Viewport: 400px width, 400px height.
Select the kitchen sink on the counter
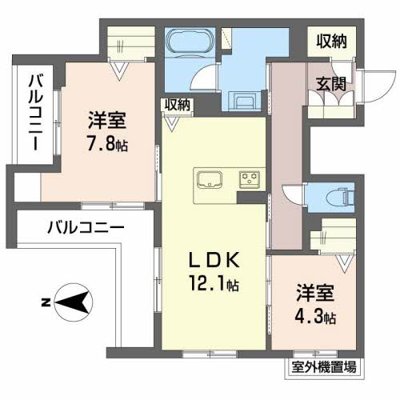point(210,178)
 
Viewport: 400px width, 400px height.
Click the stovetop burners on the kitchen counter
point(249,178)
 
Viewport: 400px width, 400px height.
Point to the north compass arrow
point(68,302)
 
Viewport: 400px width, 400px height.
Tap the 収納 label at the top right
point(330,42)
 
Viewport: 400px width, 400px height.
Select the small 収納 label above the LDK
point(178,104)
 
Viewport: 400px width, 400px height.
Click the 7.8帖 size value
point(109,146)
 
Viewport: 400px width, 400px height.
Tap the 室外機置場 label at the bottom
point(323,368)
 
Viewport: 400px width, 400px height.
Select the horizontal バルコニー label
point(85,227)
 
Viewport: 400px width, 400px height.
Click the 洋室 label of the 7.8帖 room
point(106,123)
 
